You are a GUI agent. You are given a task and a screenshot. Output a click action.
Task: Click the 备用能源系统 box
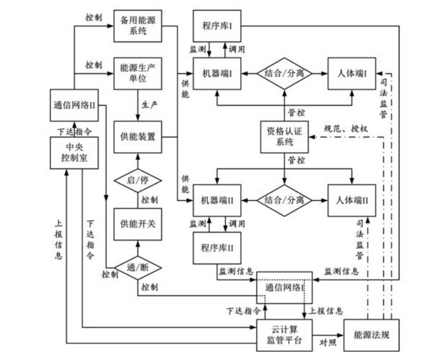pyautogui.click(x=138, y=25)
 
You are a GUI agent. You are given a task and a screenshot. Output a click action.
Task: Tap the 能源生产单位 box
pyautogui.click(x=138, y=73)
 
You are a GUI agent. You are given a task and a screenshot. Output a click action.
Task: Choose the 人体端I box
pyautogui.click(x=352, y=74)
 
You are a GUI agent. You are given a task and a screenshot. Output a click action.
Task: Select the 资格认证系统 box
pyautogui.click(x=284, y=137)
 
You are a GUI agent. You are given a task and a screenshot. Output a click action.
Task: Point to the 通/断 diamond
pyautogui.click(x=138, y=267)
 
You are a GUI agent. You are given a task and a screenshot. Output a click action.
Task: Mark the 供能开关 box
pyautogui.click(x=138, y=223)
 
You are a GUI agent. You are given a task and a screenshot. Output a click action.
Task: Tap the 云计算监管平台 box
pyautogui.click(x=284, y=335)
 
